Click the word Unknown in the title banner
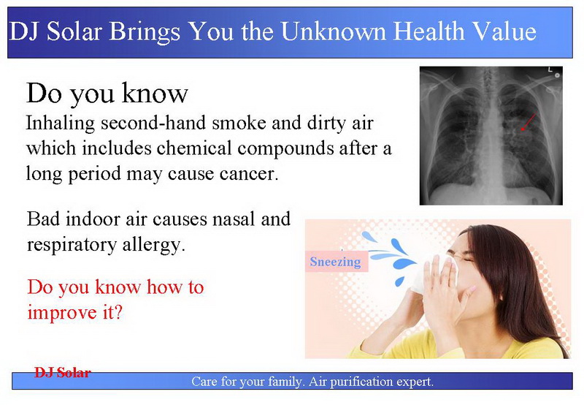click(334, 31)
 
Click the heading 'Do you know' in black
click(107, 94)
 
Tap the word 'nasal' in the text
click(233, 219)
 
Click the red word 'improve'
click(62, 312)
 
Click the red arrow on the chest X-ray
click(528, 122)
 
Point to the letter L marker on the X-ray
click(550, 69)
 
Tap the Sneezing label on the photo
click(336, 262)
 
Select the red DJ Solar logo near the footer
click(63, 373)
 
